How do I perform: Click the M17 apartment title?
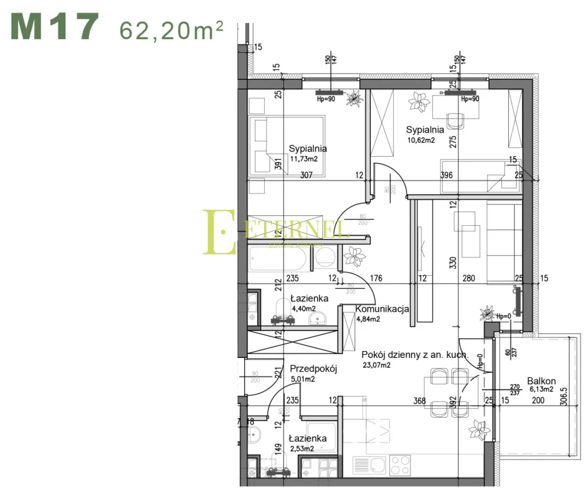click(x=55, y=27)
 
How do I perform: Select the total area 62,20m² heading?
click(x=171, y=29)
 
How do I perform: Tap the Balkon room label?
click(x=541, y=380)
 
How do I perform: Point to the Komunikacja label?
click(x=382, y=309)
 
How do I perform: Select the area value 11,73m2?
click(x=303, y=159)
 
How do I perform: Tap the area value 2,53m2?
click(x=301, y=449)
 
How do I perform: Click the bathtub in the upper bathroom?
click(x=278, y=258)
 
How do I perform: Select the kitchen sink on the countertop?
click(x=369, y=463)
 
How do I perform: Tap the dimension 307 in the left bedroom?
click(x=306, y=175)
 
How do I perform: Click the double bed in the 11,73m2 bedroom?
click(x=287, y=146)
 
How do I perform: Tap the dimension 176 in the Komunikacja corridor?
click(x=376, y=279)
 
